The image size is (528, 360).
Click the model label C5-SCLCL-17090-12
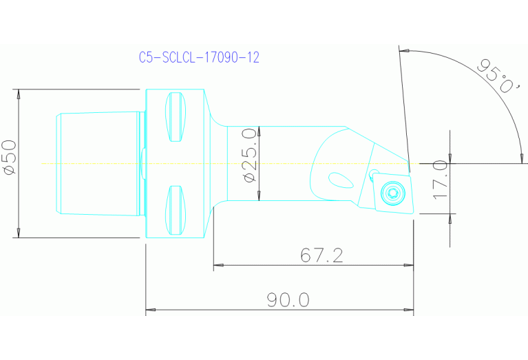click(198, 58)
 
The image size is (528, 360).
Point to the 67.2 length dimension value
click(321, 255)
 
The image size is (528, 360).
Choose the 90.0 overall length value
click(288, 300)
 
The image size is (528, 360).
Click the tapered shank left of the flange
click(96, 164)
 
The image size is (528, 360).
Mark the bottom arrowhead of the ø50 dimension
click(19, 234)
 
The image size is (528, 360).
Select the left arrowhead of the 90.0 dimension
click(151, 310)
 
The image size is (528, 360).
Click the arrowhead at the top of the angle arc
click(405, 51)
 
